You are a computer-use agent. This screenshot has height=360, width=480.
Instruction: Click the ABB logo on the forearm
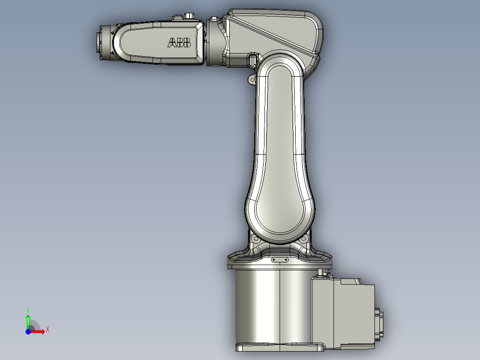[179, 43]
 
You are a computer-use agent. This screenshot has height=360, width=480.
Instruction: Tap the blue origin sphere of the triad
[28, 331]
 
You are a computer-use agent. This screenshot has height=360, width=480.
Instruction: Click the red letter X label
[48, 329]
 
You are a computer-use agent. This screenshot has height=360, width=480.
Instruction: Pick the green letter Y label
[28, 309]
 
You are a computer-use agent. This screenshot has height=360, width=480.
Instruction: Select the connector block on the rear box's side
[380, 323]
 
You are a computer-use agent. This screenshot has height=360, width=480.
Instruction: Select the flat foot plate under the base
[280, 346]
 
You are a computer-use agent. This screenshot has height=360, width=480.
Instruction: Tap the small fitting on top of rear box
[323, 273]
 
